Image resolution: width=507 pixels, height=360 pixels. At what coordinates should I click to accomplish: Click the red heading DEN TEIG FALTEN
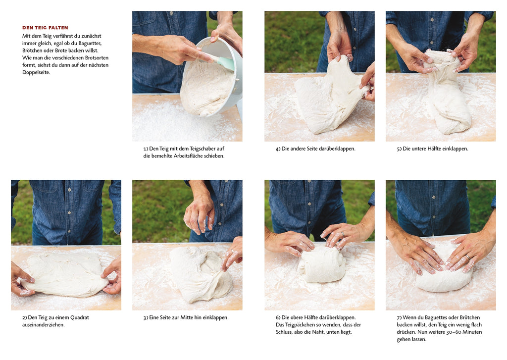(x=45, y=28)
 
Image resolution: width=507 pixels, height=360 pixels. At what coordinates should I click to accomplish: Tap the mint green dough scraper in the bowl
(x=223, y=62)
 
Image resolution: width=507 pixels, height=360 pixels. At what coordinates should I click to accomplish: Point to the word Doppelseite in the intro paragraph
(x=36, y=72)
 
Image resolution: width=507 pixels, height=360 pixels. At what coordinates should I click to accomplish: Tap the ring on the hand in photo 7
(x=467, y=257)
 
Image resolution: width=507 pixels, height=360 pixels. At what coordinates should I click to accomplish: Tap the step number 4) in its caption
(x=278, y=149)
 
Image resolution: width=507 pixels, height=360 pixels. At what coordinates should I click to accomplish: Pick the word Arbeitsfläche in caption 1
(x=190, y=156)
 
